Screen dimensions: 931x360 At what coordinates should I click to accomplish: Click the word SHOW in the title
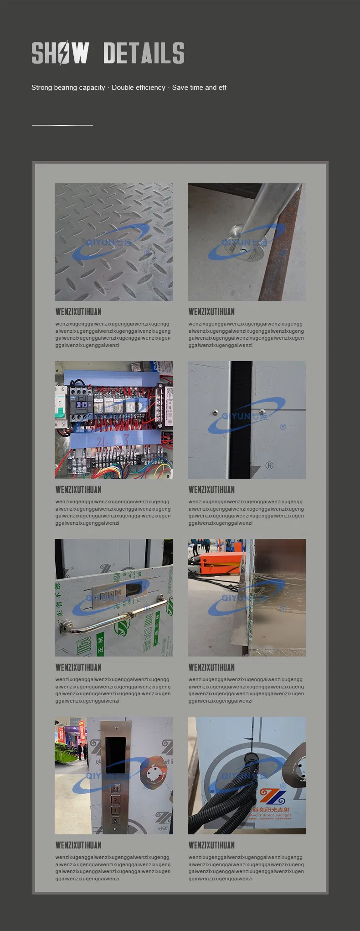[x=60, y=53]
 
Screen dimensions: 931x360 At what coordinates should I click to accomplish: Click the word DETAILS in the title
[x=144, y=53]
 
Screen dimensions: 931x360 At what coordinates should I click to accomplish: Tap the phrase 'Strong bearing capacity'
[x=68, y=88]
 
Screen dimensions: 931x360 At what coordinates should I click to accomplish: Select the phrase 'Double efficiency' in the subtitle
[x=138, y=88]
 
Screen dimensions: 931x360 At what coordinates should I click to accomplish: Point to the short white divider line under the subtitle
[x=62, y=125]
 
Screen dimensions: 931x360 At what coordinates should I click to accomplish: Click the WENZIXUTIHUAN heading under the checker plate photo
[x=78, y=312]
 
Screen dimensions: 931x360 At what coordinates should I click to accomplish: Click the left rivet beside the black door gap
[x=214, y=413]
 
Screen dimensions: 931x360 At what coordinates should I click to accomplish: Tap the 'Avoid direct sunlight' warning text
[x=271, y=815]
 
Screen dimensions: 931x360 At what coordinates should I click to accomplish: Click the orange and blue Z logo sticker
[x=273, y=797]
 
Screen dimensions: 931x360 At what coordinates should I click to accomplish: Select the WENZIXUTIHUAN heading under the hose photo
[x=211, y=845]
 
